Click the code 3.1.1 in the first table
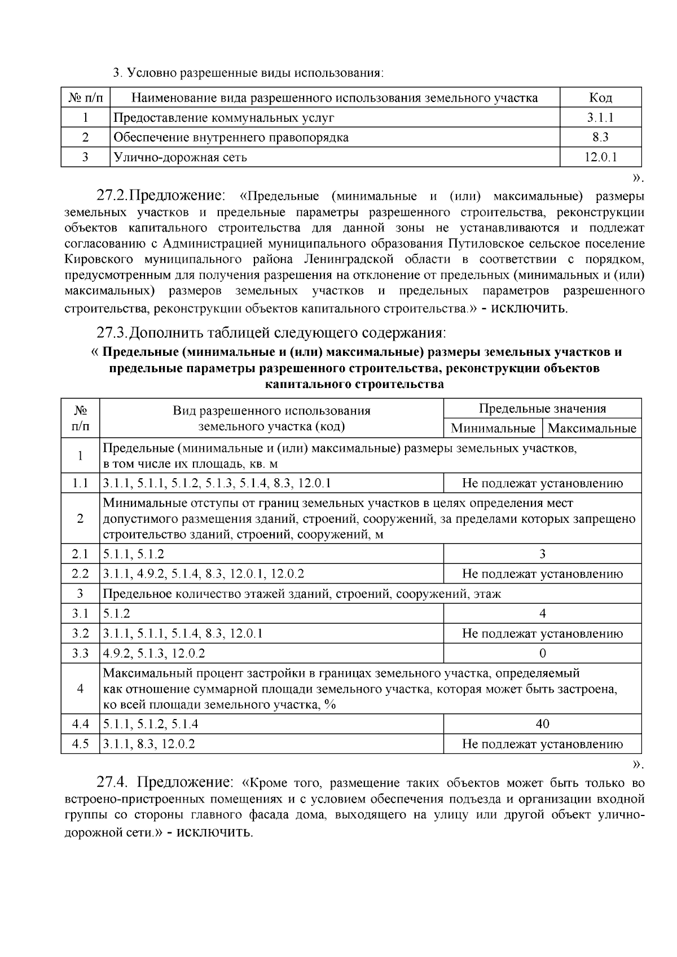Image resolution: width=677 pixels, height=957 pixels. click(x=600, y=118)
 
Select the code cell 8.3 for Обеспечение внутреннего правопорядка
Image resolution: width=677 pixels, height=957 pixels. click(x=600, y=137)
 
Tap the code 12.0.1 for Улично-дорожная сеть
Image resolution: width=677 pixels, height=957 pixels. click(x=600, y=157)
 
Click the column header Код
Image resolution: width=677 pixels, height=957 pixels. click(x=600, y=98)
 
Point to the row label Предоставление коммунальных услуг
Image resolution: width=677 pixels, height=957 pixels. click(x=224, y=118)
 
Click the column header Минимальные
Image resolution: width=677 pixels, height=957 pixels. click(x=493, y=428)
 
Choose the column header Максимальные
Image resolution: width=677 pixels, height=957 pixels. click(x=592, y=428)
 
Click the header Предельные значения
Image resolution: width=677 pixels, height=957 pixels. click(x=542, y=408)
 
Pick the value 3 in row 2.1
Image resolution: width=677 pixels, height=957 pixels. click(x=542, y=554)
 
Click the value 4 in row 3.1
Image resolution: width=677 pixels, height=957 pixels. click(x=542, y=614)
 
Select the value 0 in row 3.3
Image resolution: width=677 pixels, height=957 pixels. click(x=542, y=653)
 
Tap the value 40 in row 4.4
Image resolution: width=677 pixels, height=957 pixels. click(x=542, y=724)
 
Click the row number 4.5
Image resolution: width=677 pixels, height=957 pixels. click(x=80, y=744)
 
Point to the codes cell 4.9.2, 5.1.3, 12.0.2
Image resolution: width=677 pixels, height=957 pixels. click(x=154, y=653)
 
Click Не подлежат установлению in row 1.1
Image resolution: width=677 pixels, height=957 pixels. click(x=542, y=483)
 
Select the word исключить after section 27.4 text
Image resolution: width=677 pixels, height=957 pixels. click(x=214, y=832)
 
